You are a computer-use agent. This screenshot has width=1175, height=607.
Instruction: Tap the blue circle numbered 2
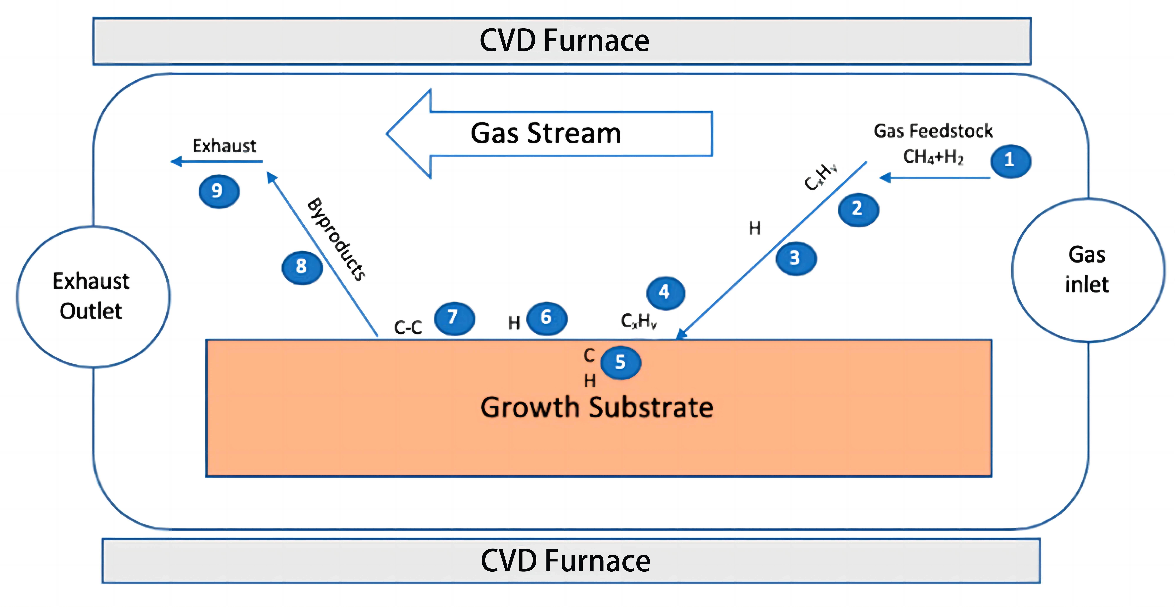(x=858, y=209)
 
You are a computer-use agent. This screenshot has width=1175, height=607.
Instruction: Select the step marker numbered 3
(x=796, y=258)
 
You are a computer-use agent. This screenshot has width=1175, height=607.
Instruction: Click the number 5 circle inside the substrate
(x=620, y=363)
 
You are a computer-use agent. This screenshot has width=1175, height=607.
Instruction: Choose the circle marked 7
(x=454, y=318)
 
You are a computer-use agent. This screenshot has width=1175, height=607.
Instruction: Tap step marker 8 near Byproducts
(x=302, y=267)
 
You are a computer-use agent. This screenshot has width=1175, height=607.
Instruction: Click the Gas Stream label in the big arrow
(x=545, y=134)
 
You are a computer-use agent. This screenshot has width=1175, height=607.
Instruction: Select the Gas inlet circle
(x=1087, y=270)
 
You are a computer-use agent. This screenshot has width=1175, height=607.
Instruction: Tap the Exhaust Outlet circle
(x=93, y=296)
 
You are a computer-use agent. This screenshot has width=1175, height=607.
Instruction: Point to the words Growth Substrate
(x=597, y=407)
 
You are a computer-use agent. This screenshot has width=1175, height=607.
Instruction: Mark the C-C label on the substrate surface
(x=408, y=327)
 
